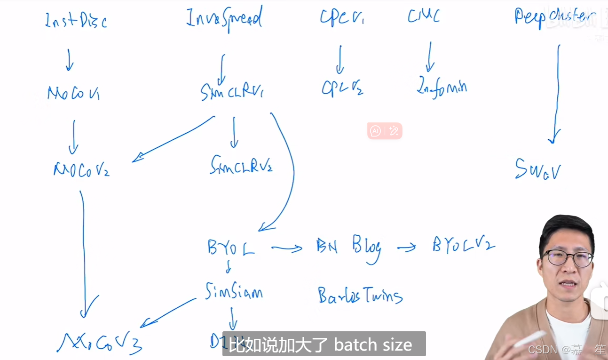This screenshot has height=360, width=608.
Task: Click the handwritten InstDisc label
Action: pyautogui.click(x=75, y=21)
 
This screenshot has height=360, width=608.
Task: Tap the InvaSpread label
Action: pyautogui.click(x=224, y=19)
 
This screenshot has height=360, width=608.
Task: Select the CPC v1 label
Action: pyautogui.click(x=342, y=18)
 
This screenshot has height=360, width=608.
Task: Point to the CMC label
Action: pyautogui.click(x=424, y=16)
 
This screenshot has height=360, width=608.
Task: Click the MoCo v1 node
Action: pyautogui.click(x=73, y=93)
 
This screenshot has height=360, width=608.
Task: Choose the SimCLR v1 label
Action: pyautogui.click(x=232, y=92)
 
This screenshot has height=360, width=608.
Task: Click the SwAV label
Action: pyautogui.click(x=537, y=169)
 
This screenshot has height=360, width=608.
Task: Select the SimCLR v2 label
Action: pyautogui.click(x=241, y=165)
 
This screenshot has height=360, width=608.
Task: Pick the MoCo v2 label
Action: pyautogui.click(x=81, y=170)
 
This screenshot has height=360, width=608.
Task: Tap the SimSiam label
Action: pyautogui.click(x=234, y=292)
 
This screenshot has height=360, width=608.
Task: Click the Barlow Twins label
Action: pyautogui.click(x=360, y=296)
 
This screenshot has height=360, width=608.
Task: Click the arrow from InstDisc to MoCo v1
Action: pyautogui.click(x=69, y=60)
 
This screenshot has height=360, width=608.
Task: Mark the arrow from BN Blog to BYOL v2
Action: pyautogui.click(x=407, y=247)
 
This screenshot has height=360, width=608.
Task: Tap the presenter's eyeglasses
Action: pyautogui.click(x=568, y=258)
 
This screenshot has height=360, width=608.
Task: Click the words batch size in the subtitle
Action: pyautogui.click(x=373, y=345)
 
